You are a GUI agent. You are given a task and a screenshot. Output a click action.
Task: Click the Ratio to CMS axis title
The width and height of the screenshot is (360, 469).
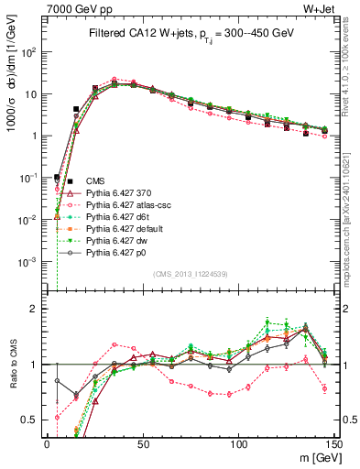[11, 364]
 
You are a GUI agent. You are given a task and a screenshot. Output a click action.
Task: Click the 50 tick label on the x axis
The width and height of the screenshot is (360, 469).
[143, 443]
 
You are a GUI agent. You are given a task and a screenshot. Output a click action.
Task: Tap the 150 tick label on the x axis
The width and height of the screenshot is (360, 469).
[334, 443]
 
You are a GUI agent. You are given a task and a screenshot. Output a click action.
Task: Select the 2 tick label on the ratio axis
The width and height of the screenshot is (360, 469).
[38, 309]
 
